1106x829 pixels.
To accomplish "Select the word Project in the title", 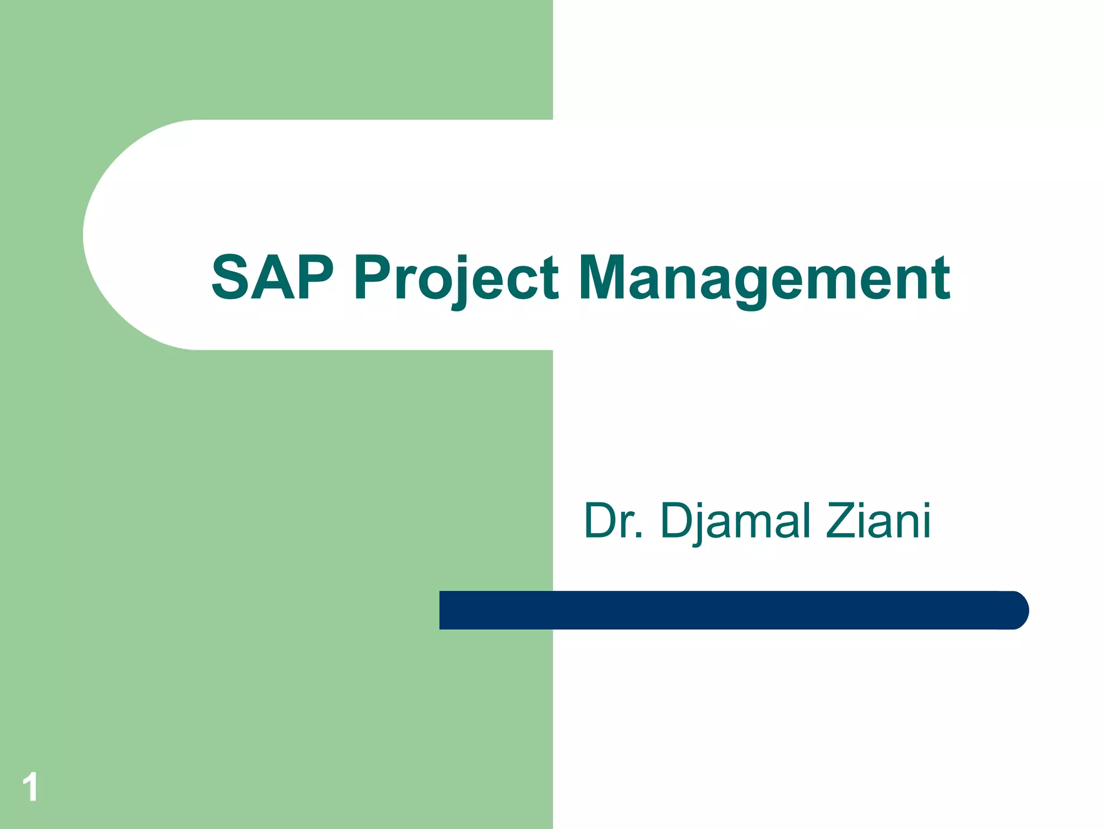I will point(456,279).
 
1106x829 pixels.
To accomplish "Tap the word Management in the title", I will point(764,279).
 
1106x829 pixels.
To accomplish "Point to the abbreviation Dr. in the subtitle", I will point(613,521).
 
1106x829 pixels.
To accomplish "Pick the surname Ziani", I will point(878,521).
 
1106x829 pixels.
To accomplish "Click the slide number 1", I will point(30,787).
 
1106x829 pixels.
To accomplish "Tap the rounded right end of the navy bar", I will point(1015,610).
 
